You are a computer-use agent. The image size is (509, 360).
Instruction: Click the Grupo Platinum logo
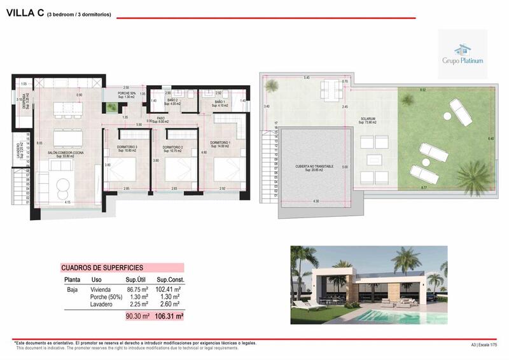tap(463, 54)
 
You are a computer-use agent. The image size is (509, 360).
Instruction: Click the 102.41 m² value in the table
tap(170, 289)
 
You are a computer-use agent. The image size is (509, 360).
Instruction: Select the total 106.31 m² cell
tap(170, 314)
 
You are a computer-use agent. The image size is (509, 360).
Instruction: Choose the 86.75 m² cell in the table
tap(137, 289)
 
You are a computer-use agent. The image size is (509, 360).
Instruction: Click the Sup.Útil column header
tap(137, 279)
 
